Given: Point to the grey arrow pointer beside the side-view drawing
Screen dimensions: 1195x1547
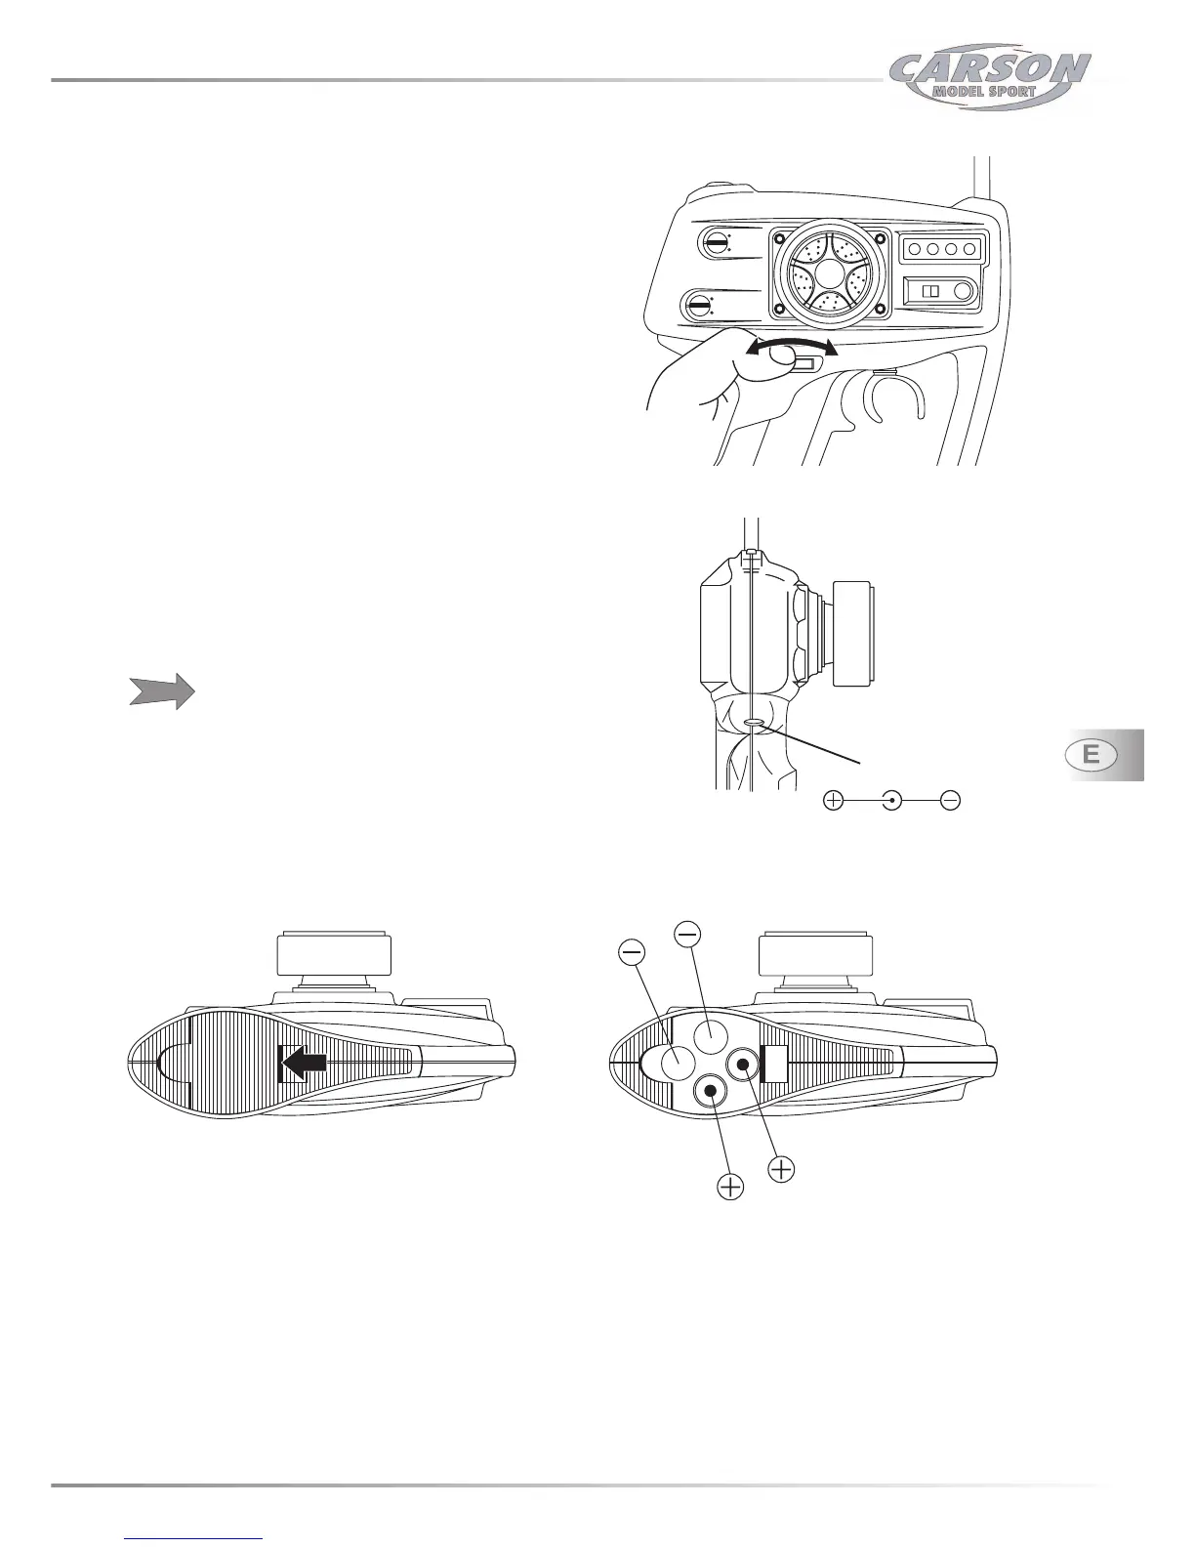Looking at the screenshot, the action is coord(161,691).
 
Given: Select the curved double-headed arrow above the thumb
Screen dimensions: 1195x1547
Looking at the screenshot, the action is coord(791,347).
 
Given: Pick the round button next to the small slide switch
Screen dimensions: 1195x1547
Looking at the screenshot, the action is coord(964,291).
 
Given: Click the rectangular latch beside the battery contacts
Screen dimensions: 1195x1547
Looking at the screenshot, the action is coord(774,1064).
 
